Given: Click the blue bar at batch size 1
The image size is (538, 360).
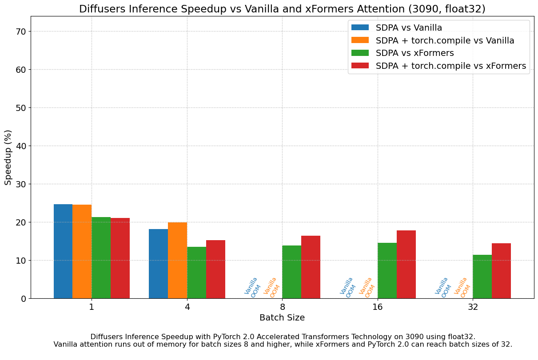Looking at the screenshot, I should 63,251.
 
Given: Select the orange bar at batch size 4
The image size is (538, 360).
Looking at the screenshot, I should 177,261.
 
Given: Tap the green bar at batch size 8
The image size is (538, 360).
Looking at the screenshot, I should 291,272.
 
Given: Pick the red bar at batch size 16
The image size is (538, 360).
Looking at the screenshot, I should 406,265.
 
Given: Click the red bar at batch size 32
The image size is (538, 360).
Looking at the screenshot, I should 501,271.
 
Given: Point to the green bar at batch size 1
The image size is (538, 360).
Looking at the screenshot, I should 101,258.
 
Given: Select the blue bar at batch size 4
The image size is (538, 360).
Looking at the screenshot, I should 158,264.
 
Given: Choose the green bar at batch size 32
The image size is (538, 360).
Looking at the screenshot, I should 482,277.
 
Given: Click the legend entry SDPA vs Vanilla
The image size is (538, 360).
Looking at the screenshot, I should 409,28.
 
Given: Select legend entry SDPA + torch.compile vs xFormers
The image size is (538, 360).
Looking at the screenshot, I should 450,66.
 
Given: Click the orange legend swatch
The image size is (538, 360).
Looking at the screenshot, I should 360,40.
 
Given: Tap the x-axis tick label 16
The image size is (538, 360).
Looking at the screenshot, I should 378,307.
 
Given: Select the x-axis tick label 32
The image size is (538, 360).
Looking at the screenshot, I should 473,307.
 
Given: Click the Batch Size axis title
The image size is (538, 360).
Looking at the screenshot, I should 282,318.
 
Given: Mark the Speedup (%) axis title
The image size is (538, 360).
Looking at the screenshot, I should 8,158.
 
